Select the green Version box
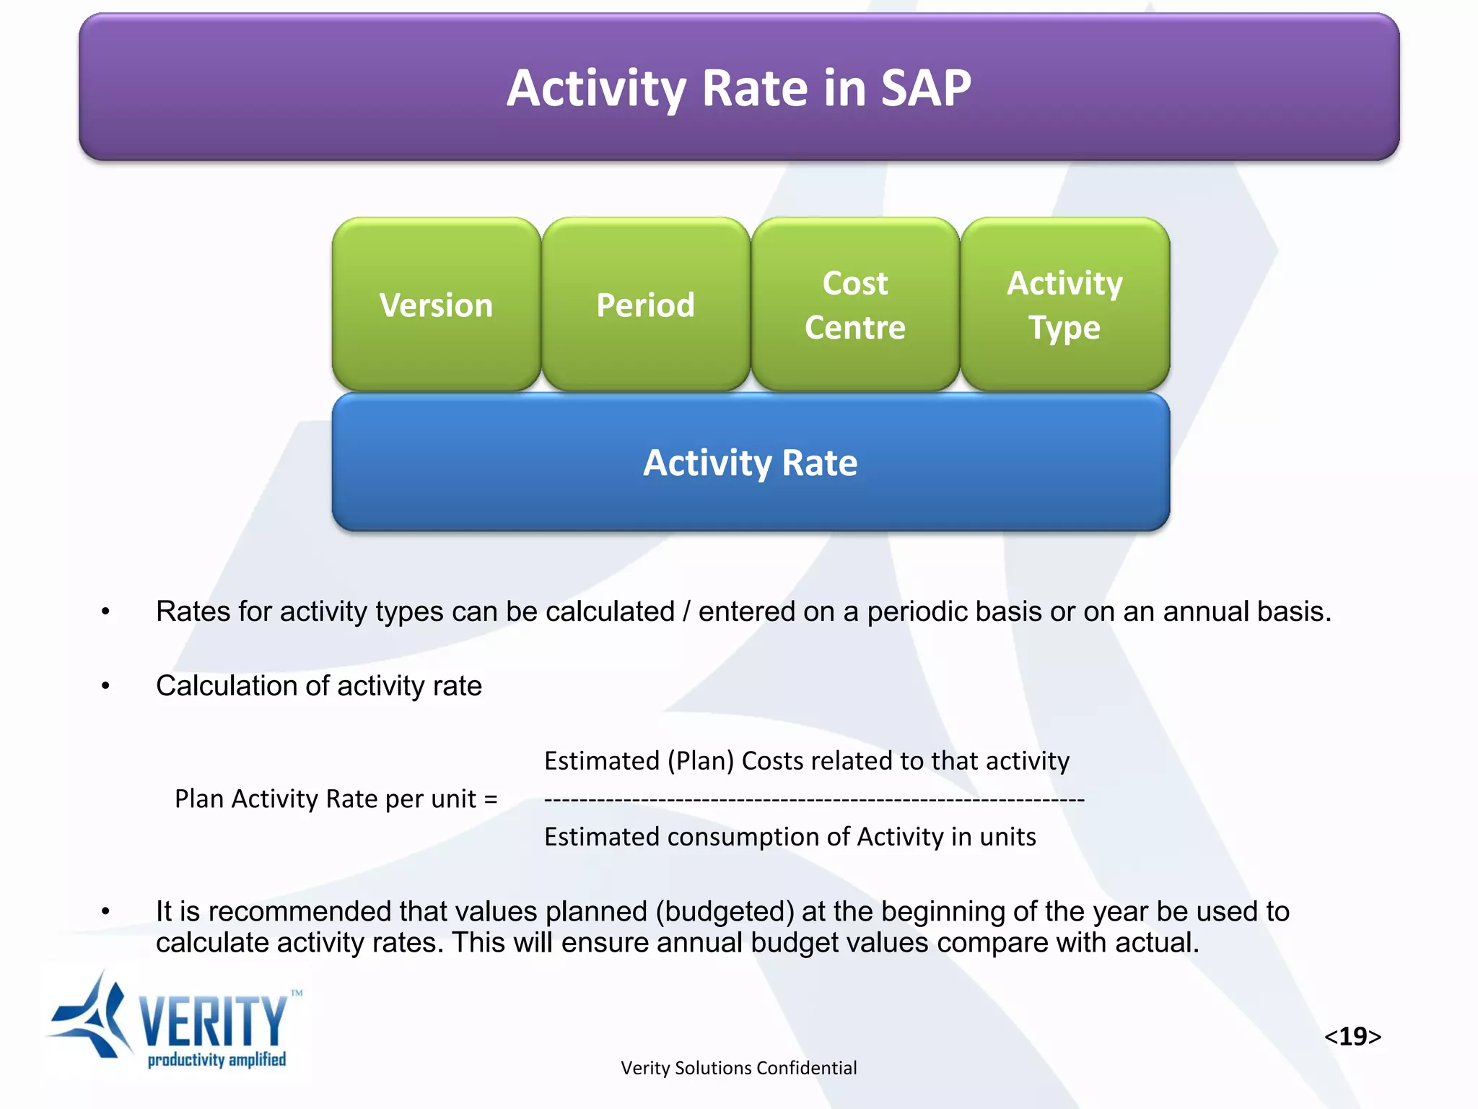[x=436, y=305]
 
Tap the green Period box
[x=645, y=305]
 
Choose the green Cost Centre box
[x=854, y=305]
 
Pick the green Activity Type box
[x=1064, y=305]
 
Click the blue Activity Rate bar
[x=751, y=462]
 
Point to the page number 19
[x=1352, y=1036]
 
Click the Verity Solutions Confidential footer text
[x=738, y=1068]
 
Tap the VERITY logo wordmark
[x=213, y=1021]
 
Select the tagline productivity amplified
[x=217, y=1060]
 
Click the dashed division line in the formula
[x=814, y=799]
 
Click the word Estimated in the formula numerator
[x=601, y=761]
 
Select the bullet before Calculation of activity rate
[x=105, y=686]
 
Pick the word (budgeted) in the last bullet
[x=725, y=911]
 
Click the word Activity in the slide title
[x=596, y=88]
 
